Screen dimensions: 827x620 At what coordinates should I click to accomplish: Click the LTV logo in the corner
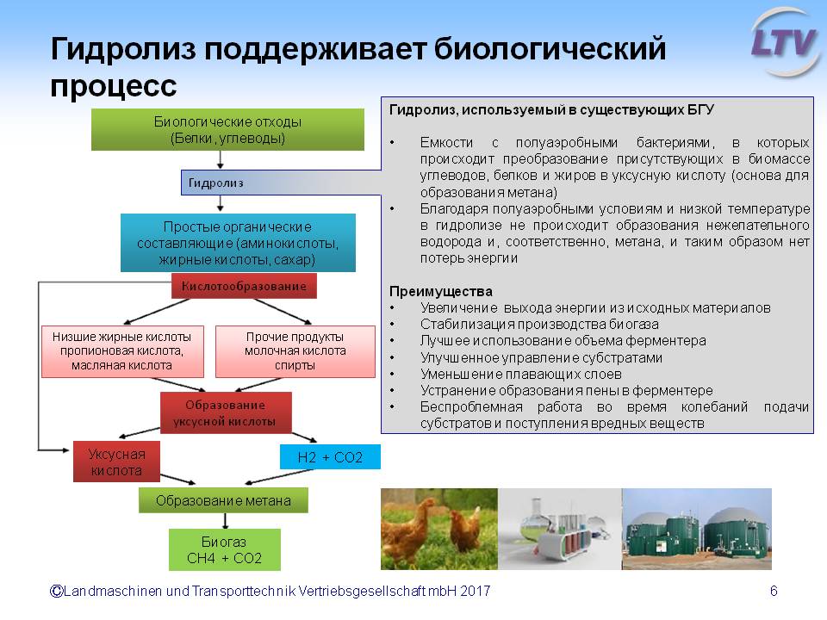[x=786, y=43]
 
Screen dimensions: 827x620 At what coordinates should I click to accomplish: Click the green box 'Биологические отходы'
[x=227, y=130]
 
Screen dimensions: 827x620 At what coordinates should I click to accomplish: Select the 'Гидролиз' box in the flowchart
[x=281, y=183]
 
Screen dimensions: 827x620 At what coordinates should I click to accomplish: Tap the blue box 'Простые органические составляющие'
[x=238, y=243]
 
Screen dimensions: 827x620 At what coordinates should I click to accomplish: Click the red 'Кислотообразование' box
[x=244, y=286]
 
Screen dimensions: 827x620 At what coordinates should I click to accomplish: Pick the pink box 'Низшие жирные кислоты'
[x=122, y=351]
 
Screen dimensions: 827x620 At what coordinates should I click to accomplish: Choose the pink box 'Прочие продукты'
[x=295, y=351]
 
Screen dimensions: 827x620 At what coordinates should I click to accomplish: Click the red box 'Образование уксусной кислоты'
[x=226, y=412]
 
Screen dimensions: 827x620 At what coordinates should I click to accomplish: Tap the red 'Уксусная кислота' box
[x=116, y=462]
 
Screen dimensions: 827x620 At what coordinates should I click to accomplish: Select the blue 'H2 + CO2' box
[x=330, y=457]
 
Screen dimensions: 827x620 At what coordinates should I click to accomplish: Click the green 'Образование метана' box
[x=223, y=500]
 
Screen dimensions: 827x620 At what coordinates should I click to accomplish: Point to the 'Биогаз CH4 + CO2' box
[x=225, y=550]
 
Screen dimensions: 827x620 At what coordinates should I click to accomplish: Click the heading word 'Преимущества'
[x=441, y=292]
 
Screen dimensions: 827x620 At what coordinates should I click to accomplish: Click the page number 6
[x=774, y=591]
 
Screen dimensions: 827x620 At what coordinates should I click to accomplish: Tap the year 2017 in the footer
[x=476, y=591]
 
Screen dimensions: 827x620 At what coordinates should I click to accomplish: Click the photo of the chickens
[x=439, y=529]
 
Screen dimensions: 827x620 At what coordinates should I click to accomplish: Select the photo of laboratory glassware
[x=560, y=529]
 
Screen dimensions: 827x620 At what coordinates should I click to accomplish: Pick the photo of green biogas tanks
[x=697, y=529]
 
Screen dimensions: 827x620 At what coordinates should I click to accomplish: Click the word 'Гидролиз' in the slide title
[x=123, y=49]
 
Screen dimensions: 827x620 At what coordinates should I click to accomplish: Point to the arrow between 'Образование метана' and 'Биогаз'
[x=225, y=521]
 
